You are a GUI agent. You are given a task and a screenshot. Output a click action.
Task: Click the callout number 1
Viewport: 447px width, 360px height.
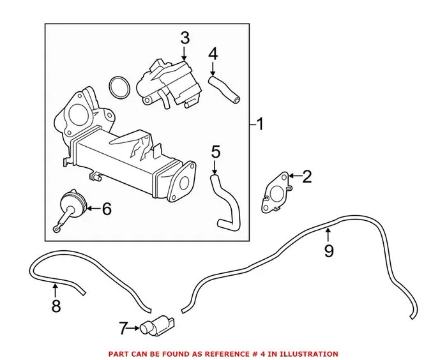(261, 123)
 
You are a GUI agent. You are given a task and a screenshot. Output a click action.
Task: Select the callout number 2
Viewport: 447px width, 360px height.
(307, 177)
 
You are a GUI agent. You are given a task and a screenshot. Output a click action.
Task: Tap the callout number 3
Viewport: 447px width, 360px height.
(185, 38)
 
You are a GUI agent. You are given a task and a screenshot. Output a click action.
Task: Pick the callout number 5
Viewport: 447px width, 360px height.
(215, 153)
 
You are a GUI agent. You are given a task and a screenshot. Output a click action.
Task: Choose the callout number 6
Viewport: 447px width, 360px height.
(106, 208)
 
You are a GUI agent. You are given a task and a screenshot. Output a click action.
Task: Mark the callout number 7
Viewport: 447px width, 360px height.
(123, 329)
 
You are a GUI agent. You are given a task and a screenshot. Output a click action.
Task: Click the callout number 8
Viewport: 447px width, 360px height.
(56, 306)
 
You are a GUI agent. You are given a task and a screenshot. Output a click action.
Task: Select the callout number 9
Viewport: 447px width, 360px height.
(329, 251)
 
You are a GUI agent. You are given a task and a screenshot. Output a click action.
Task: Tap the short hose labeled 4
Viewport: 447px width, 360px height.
(225, 88)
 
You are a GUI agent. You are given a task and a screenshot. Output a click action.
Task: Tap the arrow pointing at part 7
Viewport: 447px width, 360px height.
(136, 329)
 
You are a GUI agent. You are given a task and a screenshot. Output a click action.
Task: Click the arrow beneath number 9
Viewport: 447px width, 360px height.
(328, 234)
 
